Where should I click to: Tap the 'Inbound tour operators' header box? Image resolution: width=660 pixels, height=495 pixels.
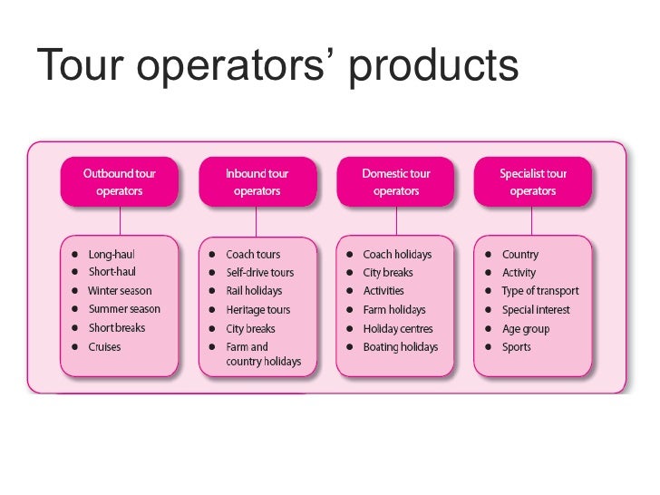[x=257, y=181]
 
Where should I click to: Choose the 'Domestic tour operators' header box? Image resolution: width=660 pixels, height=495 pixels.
[x=395, y=181]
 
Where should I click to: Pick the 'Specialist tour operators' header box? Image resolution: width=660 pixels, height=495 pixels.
[x=532, y=181]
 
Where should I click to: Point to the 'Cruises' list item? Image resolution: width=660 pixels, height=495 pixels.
[x=104, y=347]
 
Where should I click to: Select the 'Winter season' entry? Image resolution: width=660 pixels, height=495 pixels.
[x=120, y=291]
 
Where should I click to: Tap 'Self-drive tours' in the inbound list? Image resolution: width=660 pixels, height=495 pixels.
[x=259, y=273]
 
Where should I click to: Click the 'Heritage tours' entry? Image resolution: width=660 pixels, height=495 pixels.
[x=257, y=310]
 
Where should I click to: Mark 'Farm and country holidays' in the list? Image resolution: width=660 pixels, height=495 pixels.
[x=263, y=354]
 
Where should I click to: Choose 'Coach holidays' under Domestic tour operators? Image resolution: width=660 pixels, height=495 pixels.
[x=397, y=255]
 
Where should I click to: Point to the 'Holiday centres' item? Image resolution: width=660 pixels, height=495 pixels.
[x=398, y=329]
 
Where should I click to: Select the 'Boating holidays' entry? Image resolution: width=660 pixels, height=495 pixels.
[x=400, y=347]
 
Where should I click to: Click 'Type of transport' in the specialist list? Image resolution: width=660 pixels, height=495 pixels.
[x=539, y=291]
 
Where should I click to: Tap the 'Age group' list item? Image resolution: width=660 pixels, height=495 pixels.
[x=525, y=329]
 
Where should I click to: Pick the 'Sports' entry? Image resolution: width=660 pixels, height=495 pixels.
[x=516, y=347]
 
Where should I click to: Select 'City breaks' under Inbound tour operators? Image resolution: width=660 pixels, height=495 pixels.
[x=250, y=329]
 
